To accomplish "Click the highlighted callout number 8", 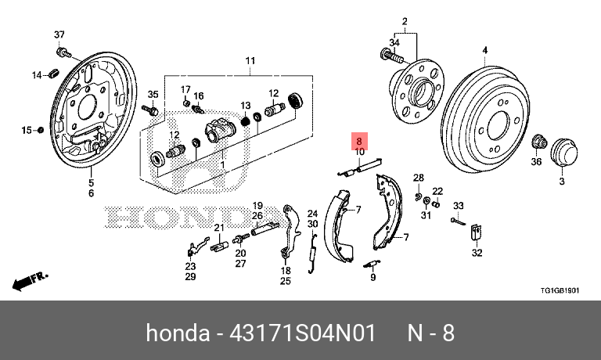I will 359,142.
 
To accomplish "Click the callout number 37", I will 59,35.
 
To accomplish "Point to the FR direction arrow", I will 28,279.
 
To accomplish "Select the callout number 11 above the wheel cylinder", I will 250,61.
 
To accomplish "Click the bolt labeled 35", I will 151,110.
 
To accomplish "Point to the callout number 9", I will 373,277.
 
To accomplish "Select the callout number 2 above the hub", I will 405,21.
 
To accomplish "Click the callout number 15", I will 26,130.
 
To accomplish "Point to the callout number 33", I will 459,206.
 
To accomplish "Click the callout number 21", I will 219,229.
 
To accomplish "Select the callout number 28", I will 419,178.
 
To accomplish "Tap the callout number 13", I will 245,106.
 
